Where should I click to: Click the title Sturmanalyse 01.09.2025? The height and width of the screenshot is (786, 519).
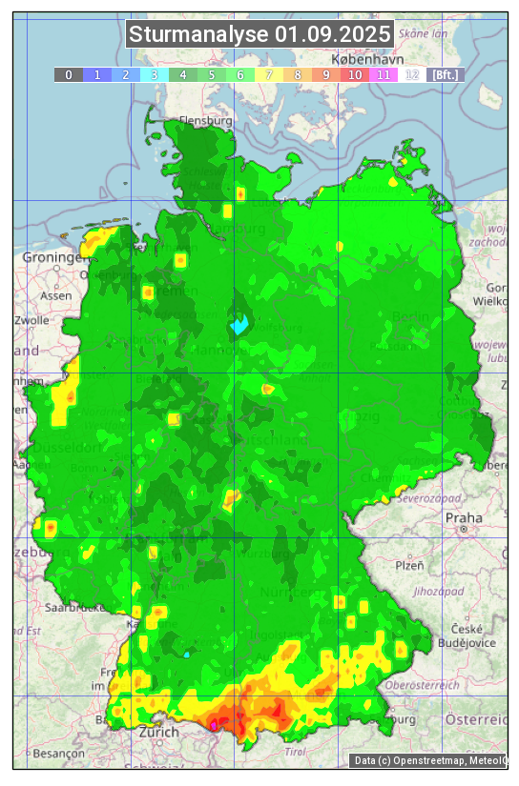click(x=259, y=35)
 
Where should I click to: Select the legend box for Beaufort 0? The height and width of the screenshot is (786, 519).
click(x=68, y=74)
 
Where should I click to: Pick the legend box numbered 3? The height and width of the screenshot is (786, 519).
click(x=154, y=74)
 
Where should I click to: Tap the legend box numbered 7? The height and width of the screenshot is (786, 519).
click(x=269, y=74)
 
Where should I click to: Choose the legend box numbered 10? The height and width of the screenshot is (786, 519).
click(x=355, y=74)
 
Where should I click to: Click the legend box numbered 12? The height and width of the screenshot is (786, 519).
click(x=412, y=74)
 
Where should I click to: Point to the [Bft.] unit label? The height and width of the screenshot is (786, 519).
click(x=444, y=74)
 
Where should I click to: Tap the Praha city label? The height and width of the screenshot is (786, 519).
click(x=464, y=517)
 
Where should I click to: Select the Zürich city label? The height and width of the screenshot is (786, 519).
click(x=158, y=732)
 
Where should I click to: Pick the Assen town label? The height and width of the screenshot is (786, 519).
click(x=56, y=295)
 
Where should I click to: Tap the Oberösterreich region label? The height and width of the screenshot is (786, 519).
click(x=423, y=684)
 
